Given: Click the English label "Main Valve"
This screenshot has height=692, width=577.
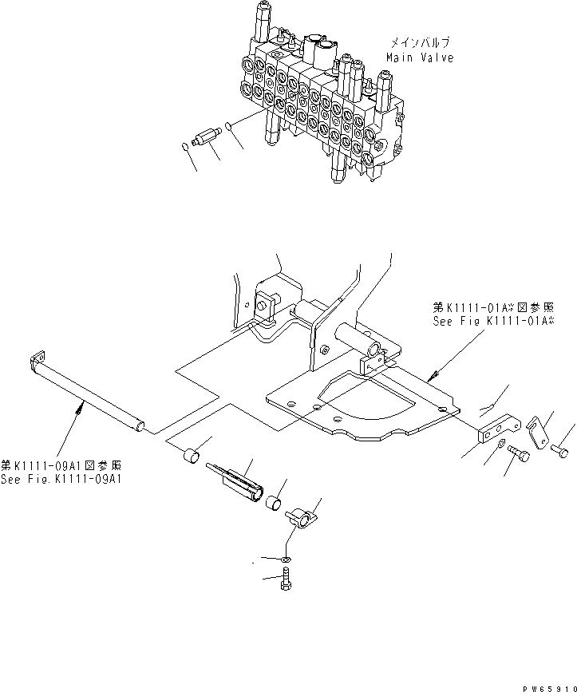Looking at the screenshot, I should tap(419, 57).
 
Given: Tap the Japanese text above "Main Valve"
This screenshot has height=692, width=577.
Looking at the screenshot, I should tap(420, 43).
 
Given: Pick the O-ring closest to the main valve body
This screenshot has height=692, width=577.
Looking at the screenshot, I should tap(228, 125).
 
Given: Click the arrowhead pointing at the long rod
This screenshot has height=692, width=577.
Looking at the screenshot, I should tap(81, 408).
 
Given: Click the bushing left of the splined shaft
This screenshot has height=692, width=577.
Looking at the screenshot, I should tap(192, 459).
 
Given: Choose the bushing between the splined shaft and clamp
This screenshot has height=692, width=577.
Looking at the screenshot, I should tap(274, 503).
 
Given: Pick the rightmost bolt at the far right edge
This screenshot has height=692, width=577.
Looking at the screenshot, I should tap(558, 451).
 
